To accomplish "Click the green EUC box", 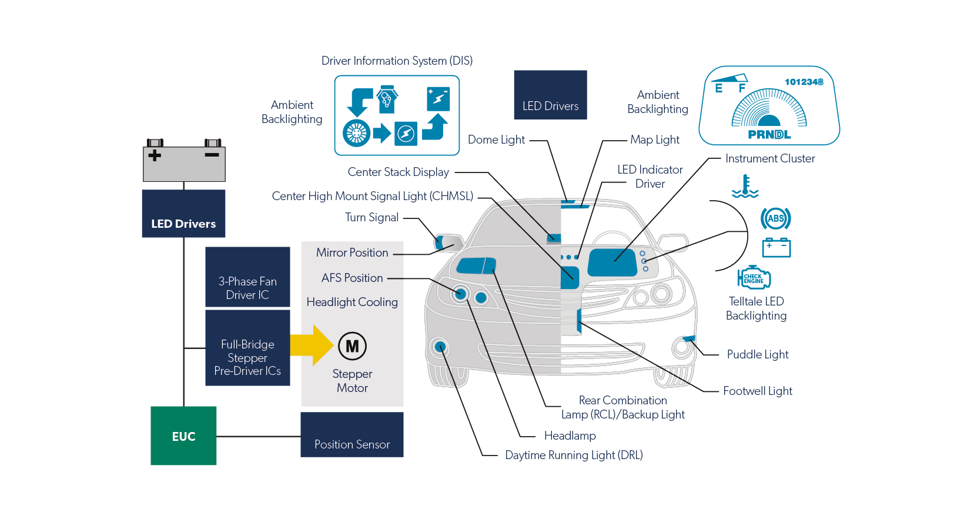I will [183, 436].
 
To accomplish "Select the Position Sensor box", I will [352, 435].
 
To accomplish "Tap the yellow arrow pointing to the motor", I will [312, 345].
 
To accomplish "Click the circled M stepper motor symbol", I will [352, 346].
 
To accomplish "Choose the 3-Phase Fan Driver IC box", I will [247, 277].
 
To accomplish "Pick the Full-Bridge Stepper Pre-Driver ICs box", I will [247, 348].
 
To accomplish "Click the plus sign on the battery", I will [155, 155].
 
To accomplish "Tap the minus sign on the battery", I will [212, 155].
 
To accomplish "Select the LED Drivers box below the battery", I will [183, 214].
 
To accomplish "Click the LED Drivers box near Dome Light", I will [550, 95].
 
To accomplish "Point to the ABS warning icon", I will [775, 218].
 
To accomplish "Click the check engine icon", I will [754, 278].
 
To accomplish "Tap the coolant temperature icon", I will [745, 187].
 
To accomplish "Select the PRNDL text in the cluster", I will [769, 135].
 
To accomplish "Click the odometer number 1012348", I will [804, 82].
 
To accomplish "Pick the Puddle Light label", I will [757, 354].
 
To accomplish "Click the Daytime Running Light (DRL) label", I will [574, 455].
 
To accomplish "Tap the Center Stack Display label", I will [398, 172].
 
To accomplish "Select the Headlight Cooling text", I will [352, 302].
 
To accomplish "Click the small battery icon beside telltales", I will [776, 247].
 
